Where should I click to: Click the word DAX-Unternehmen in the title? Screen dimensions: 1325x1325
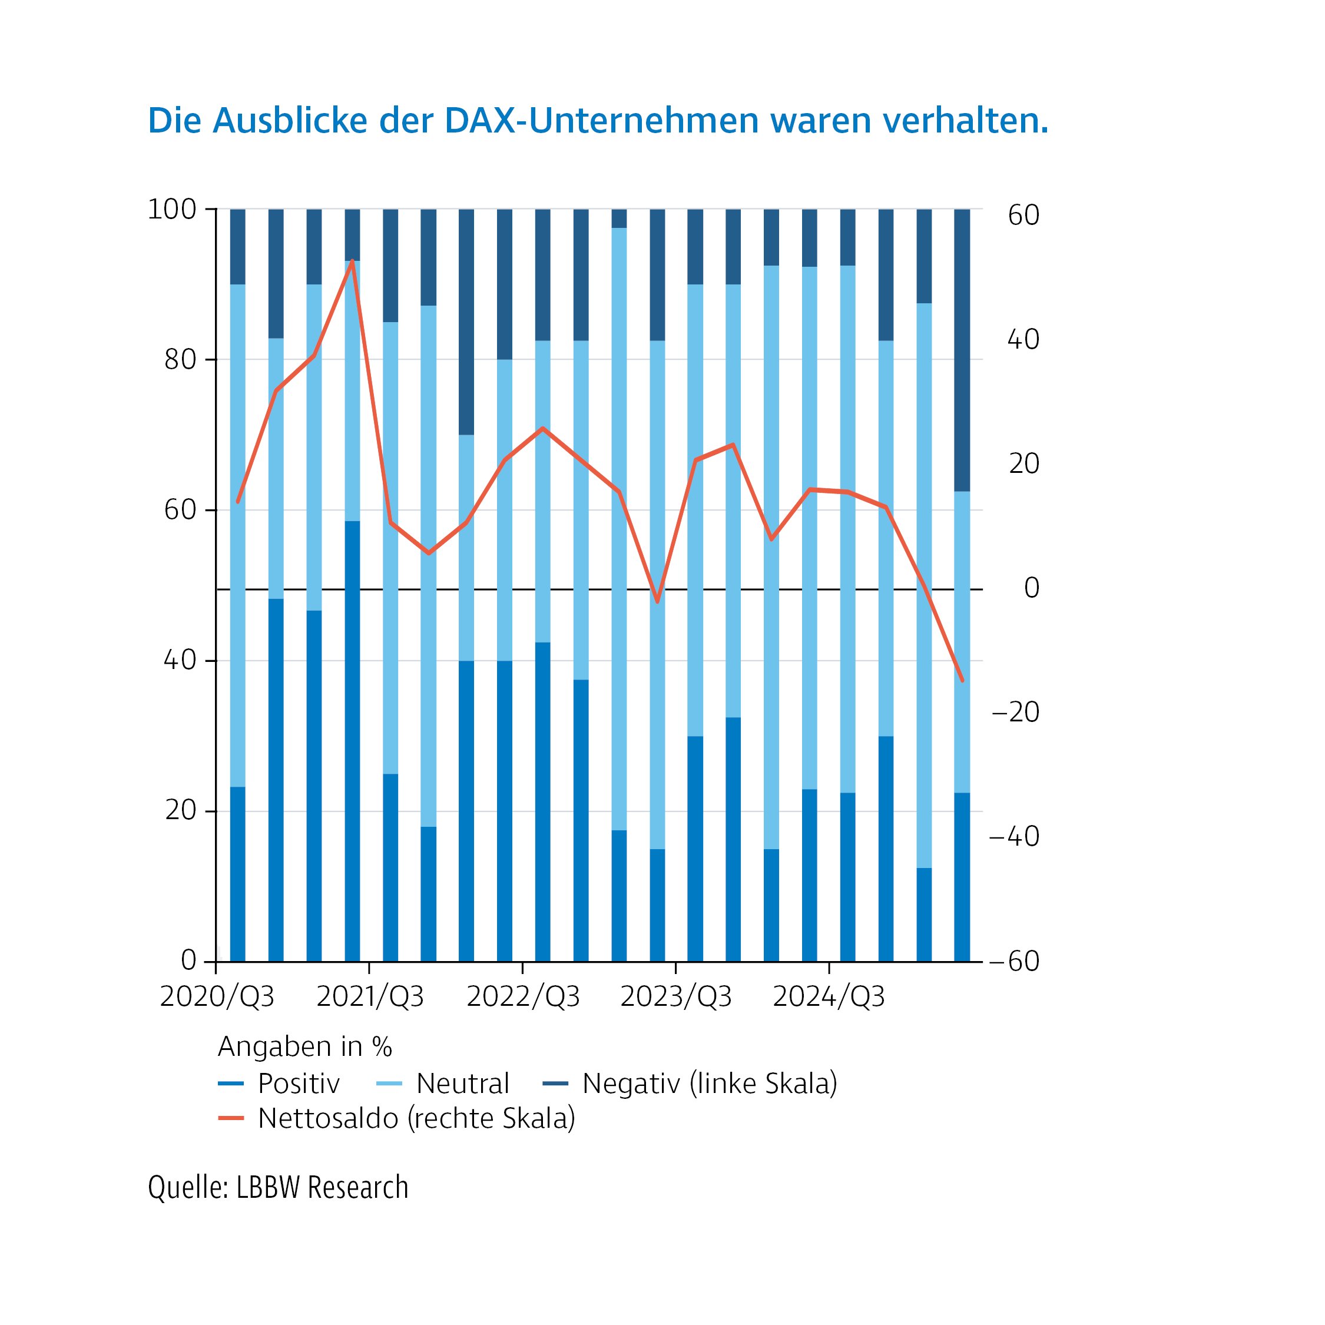pyautogui.click(x=602, y=121)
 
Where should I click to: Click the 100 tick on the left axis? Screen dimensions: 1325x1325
pyautogui.click(x=171, y=209)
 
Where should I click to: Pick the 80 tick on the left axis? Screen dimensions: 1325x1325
pyautogui.click(x=180, y=359)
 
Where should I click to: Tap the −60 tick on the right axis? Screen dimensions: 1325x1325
pyautogui.click(x=1014, y=962)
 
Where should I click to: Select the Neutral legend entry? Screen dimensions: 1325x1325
pyautogui.click(x=462, y=1084)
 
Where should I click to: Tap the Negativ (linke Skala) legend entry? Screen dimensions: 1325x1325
pyautogui.click(x=709, y=1084)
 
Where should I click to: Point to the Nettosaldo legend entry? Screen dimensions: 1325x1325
pyautogui.click(x=416, y=1118)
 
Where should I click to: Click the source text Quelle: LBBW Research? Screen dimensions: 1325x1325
pyautogui.click(x=278, y=1187)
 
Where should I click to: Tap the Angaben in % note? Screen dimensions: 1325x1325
pyautogui.click(x=304, y=1046)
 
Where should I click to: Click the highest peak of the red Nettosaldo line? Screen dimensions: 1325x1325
pyautogui.click(x=352, y=261)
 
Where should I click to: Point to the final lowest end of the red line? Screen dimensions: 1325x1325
pyautogui.click(x=962, y=680)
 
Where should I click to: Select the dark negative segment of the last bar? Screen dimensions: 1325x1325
pyautogui.click(x=962, y=350)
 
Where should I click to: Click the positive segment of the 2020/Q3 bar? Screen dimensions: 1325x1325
pyautogui.click(x=237, y=874)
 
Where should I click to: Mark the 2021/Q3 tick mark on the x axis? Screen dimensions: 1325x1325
pyautogui.click(x=369, y=968)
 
